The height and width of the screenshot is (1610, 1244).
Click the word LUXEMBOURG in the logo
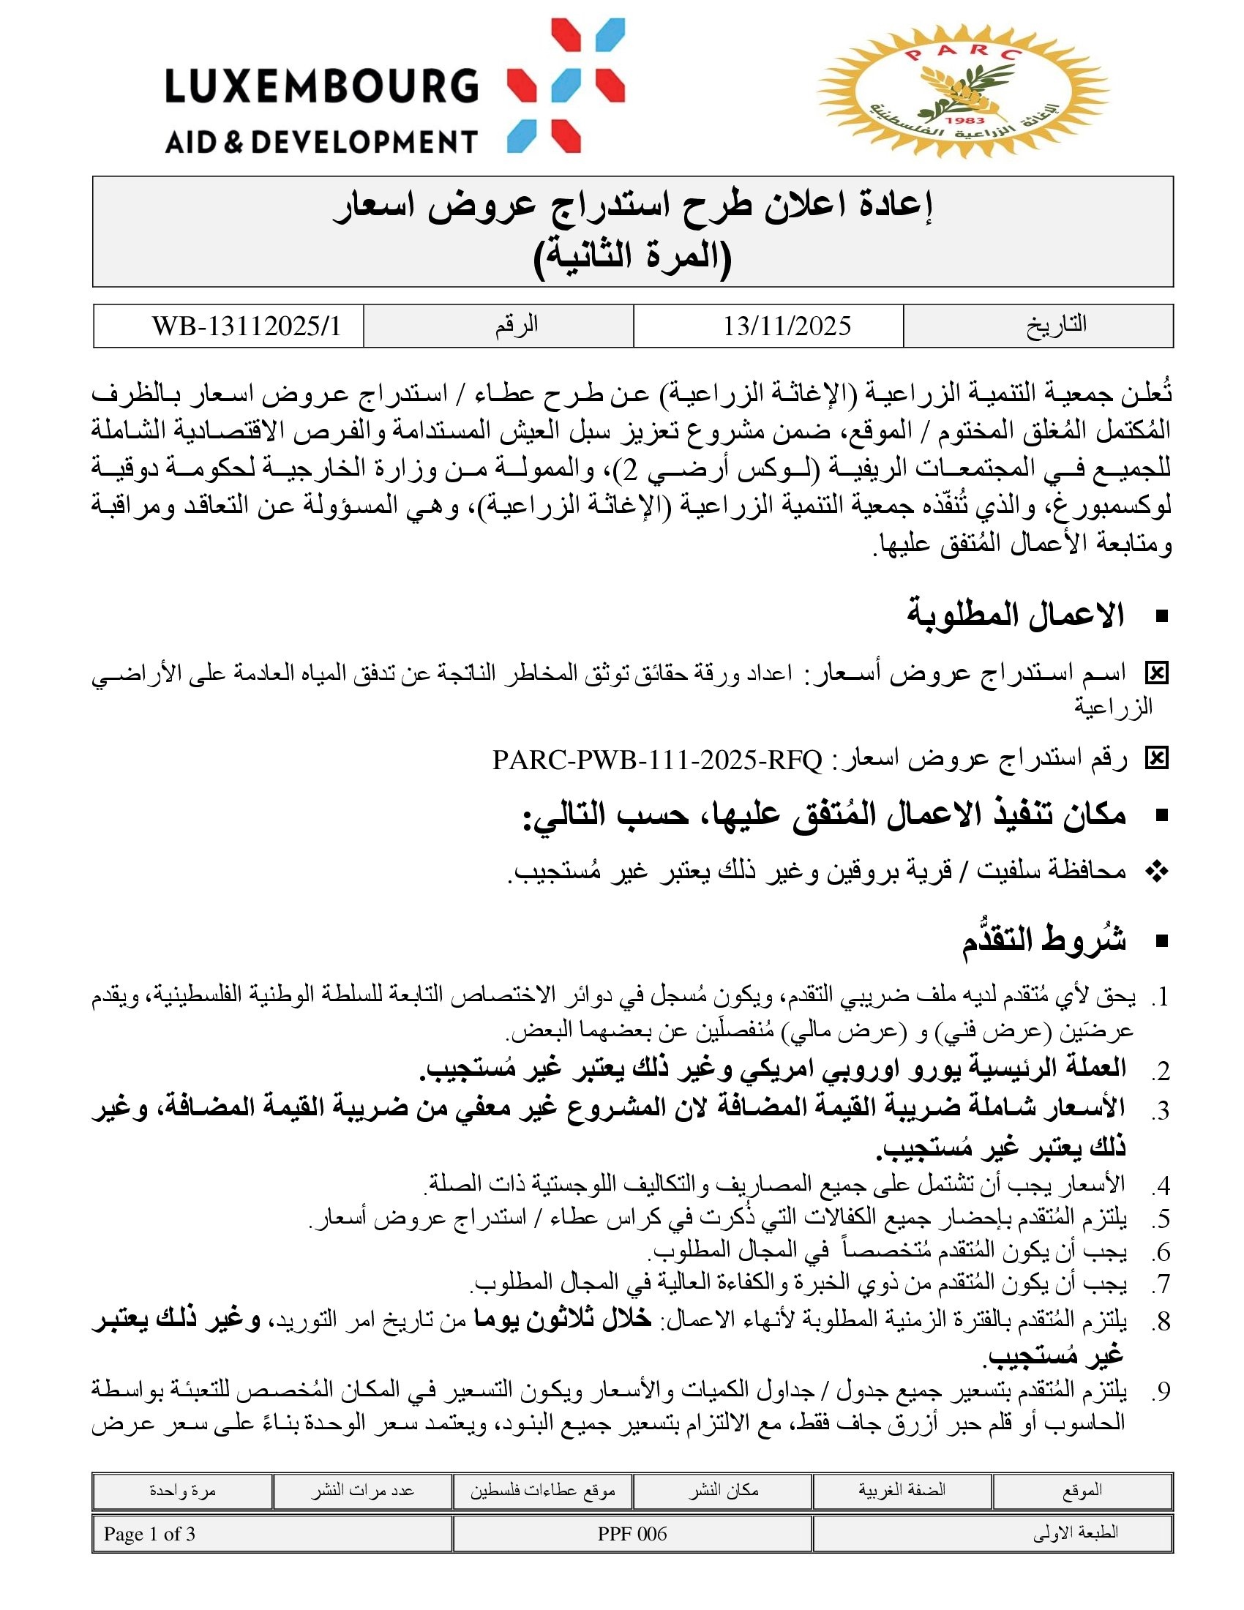click(x=321, y=86)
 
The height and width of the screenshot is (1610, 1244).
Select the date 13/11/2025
click(x=787, y=326)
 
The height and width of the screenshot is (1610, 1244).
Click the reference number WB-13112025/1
click(x=246, y=326)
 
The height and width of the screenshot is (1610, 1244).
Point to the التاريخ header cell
click(x=1056, y=325)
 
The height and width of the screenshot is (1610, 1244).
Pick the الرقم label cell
click(x=516, y=325)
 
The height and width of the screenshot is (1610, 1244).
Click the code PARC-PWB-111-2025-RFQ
click(x=656, y=760)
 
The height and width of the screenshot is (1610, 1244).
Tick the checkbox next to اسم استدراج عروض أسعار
click(x=1156, y=673)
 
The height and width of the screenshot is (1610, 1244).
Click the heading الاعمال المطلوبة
click(x=1016, y=615)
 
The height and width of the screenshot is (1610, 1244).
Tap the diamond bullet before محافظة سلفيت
click(x=1157, y=872)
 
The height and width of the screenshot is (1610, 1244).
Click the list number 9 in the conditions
click(x=1161, y=1392)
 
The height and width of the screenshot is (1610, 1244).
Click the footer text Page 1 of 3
click(x=149, y=1534)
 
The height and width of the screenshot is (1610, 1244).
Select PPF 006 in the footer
click(x=632, y=1534)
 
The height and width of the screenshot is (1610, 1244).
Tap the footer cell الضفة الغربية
click(x=902, y=1490)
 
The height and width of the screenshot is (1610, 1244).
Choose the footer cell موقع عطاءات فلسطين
click(x=542, y=1491)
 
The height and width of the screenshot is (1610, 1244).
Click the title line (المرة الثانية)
click(x=632, y=255)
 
